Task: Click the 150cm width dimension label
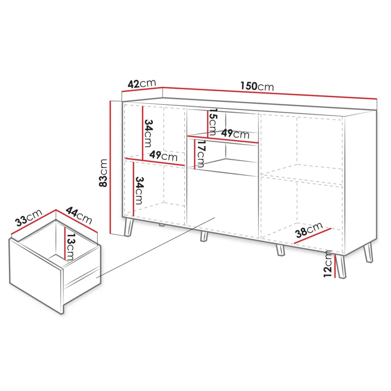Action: tap(257, 86)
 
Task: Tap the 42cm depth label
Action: tap(141, 83)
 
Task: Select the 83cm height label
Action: tap(103, 173)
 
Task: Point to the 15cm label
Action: tap(213, 122)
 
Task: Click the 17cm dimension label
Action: tap(200, 153)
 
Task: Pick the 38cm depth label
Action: tap(309, 230)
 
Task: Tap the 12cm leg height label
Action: tap(328, 264)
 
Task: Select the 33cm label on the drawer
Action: tap(29, 218)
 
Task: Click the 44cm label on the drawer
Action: tap(79, 216)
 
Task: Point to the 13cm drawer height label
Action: tap(71, 247)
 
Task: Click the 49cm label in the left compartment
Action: tap(163, 156)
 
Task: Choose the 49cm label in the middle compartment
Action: tap(235, 134)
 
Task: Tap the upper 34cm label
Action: tap(148, 133)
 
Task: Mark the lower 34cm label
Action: tap(139, 191)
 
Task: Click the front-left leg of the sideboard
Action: tap(129, 227)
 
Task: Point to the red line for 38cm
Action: tap(313, 236)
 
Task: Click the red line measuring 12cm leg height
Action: tap(335, 266)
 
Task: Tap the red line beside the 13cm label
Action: tap(65, 243)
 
